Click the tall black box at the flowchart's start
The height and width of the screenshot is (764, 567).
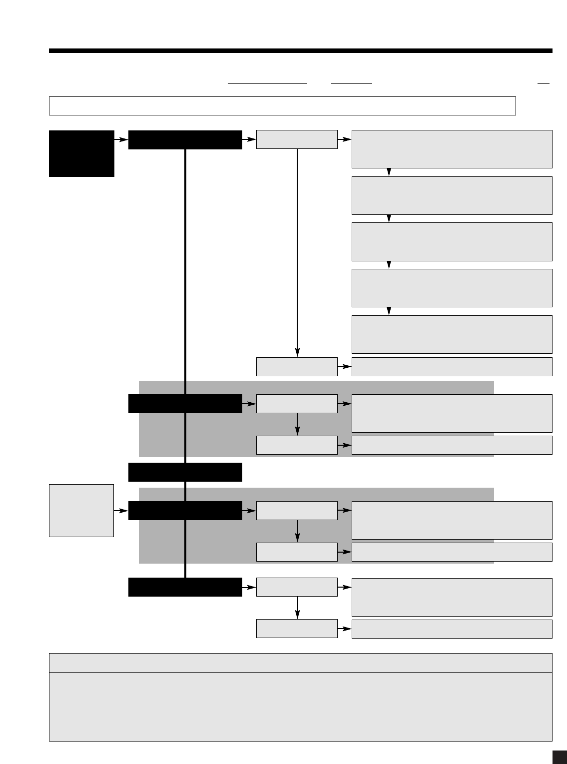tap(81, 153)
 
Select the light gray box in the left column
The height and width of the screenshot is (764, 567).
tap(81, 510)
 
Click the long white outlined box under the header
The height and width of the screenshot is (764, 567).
tap(282, 106)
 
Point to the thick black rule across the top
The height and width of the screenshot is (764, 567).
tap(300, 50)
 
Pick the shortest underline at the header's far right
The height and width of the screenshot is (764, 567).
tap(543, 83)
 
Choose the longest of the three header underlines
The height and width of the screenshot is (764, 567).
tap(267, 83)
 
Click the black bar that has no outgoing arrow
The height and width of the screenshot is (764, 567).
tap(185, 472)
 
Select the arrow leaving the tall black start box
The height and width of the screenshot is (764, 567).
tap(121, 140)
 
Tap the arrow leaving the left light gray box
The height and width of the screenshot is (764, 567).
tap(121, 511)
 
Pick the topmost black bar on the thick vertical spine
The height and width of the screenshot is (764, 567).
tap(185, 140)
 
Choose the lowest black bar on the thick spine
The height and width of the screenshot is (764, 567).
tap(185, 587)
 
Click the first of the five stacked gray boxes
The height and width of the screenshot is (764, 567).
tap(452, 149)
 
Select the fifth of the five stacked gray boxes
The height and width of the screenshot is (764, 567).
tap(452, 334)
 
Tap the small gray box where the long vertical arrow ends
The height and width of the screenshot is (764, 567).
tap(297, 366)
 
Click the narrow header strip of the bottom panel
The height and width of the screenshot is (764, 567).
tap(300, 663)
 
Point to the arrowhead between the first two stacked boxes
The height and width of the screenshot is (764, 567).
tap(389, 172)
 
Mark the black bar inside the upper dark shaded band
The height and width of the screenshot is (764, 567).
tap(185, 404)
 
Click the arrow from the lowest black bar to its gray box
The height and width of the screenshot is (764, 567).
tap(249, 587)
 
